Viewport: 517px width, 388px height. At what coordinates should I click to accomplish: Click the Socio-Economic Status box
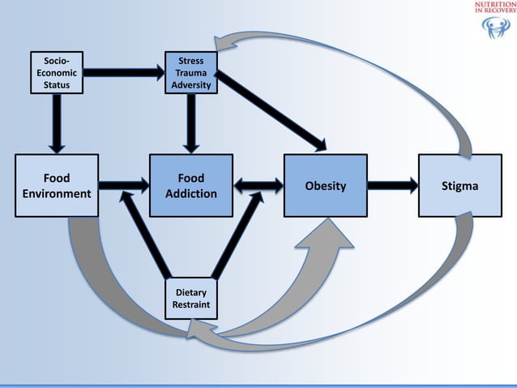pyautogui.click(x=56, y=72)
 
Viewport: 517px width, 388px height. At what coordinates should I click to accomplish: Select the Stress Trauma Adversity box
pyautogui.click(x=190, y=72)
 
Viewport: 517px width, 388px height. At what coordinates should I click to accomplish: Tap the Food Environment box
pyautogui.click(x=56, y=186)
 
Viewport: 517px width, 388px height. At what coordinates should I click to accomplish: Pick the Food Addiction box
pyautogui.click(x=190, y=186)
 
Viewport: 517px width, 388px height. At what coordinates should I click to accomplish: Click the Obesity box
pyautogui.click(x=324, y=186)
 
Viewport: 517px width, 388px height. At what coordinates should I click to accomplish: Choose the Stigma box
pyautogui.click(x=459, y=186)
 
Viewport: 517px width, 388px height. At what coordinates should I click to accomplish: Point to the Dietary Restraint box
pyautogui.click(x=190, y=300)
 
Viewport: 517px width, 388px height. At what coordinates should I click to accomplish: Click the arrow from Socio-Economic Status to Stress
pyautogui.click(x=122, y=72)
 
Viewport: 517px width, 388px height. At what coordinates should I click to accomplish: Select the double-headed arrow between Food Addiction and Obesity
pyautogui.click(x=257, y=186)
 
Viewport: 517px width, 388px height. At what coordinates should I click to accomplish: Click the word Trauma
pyautogui.click(x=190, y=72)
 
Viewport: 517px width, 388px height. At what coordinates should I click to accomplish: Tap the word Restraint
pyautogui.click(x=190, y=306)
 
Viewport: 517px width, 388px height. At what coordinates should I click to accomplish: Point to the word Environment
pyautogui.click(x=56, y=194)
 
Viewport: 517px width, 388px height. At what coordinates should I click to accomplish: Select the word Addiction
pyautogui.click(x=190, y=194)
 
